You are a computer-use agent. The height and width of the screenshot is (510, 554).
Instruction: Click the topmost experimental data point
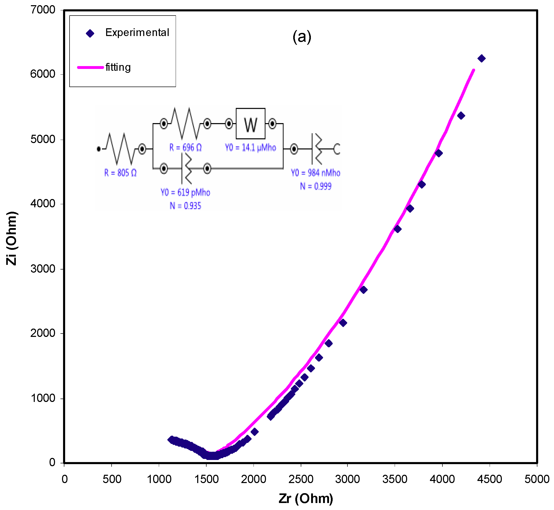coord(481,59)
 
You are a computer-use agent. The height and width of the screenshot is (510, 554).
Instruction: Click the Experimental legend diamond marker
coord(90,33)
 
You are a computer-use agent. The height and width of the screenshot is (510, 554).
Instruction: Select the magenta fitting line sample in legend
coord(90,67)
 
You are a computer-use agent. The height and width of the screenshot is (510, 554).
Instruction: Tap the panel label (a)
coord(302,37)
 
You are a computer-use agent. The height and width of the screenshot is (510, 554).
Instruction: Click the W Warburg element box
coord(250,124)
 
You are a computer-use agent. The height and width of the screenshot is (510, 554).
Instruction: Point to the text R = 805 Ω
coord(120,173)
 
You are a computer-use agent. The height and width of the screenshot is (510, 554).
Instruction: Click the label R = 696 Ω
coord(186,148)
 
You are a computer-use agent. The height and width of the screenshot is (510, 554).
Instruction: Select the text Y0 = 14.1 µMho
coord(250,148)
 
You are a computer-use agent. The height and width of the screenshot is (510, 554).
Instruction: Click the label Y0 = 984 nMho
coord(315,173)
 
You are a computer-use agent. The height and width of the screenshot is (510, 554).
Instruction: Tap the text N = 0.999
coord(316,186)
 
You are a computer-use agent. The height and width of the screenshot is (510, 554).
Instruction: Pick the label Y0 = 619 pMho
coord(186,192)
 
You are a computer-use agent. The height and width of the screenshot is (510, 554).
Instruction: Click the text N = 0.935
coord(186,206)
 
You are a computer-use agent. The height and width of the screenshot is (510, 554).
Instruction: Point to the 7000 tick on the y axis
coord(43,10)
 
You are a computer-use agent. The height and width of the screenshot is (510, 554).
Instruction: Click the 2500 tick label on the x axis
coord(301,479)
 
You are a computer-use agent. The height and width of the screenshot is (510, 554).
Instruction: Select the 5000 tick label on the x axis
coord(537,479)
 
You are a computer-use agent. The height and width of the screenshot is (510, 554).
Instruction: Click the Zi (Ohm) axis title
coord(12,238)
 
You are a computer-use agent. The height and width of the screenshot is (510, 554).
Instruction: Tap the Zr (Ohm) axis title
coord(306,498)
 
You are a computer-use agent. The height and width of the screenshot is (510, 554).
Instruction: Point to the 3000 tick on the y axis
coord(43,268)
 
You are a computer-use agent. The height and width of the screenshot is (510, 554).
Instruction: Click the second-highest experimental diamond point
coord(461,116)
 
